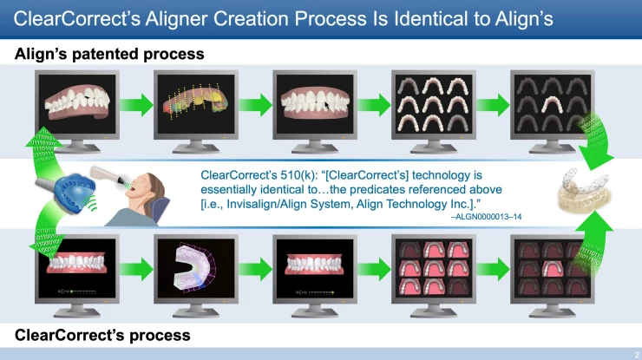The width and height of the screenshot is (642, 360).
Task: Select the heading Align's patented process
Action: pyautogui.click(x=109, y=54)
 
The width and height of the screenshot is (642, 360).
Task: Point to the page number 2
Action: pyautogui.click(x=635, y=353)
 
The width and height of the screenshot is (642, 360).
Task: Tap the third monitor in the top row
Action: pyautogui.click(x=311, y=102)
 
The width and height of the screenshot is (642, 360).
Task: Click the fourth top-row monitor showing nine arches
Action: pyautogui.click(x=431, y=102)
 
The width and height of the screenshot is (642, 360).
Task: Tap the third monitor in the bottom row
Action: pyautogui.click(x=311, y=265)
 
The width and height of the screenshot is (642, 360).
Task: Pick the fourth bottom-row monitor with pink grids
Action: pyautogui.click(x=431, y=265)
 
